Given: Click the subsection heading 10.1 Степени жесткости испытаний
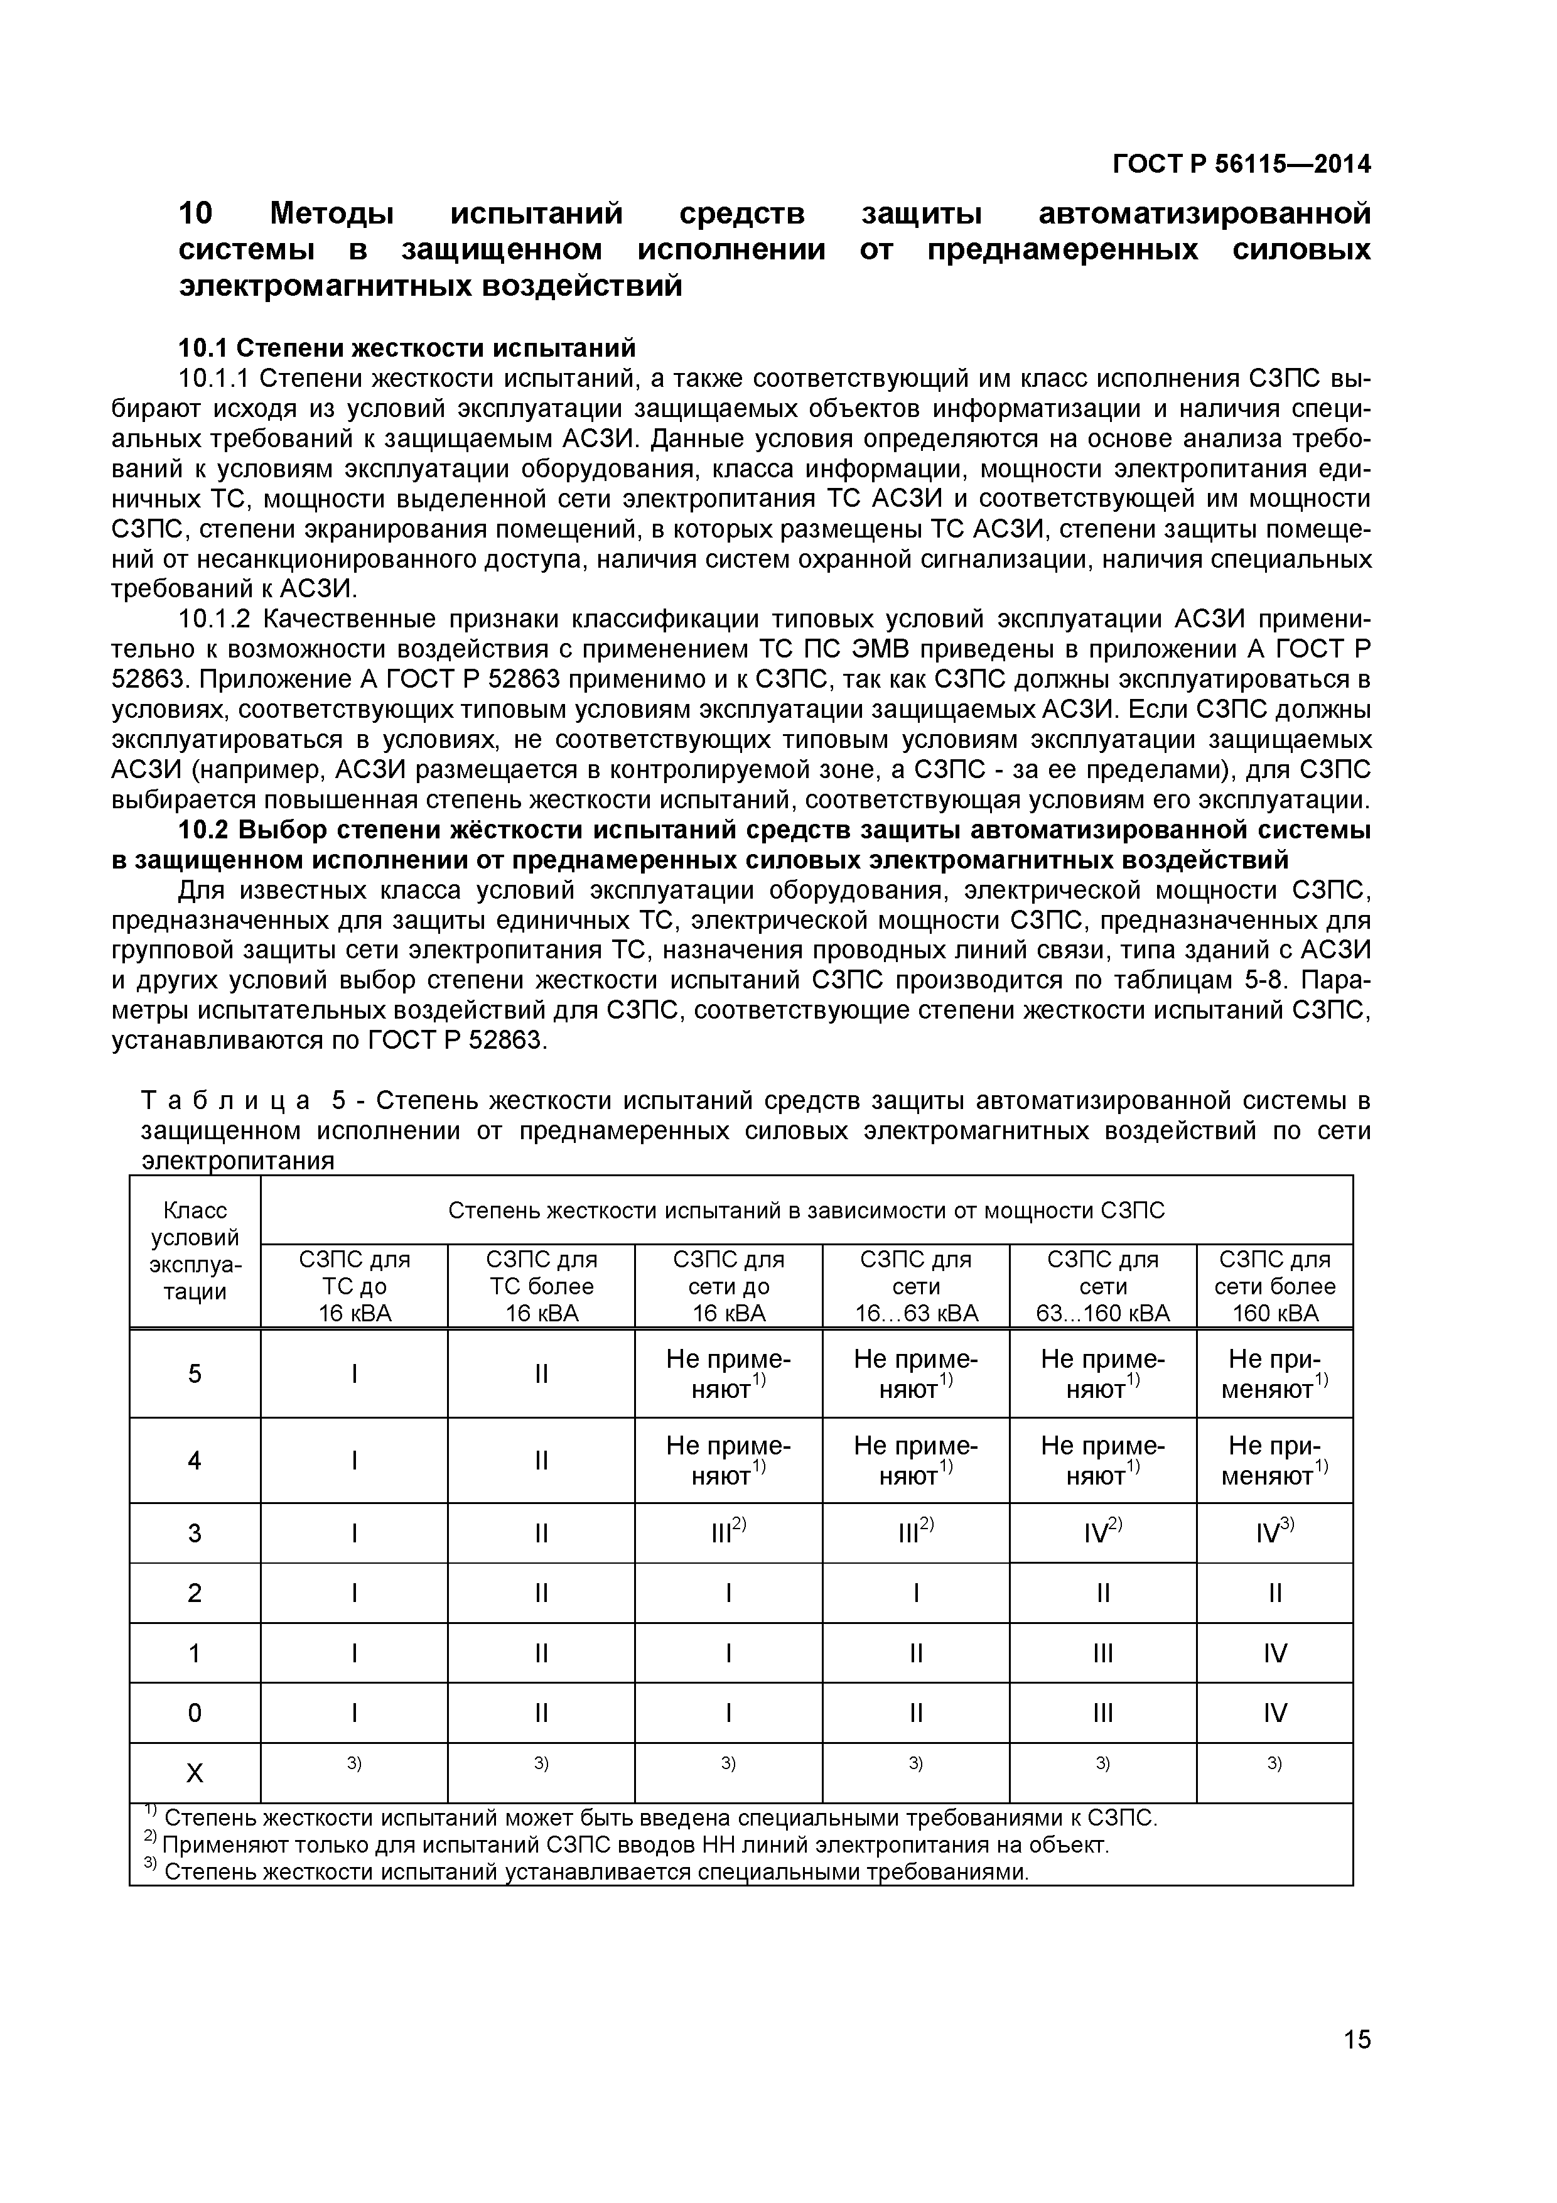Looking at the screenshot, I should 407,347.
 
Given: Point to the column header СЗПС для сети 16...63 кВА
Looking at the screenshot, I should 915,1286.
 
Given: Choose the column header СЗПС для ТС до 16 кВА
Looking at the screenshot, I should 354,1286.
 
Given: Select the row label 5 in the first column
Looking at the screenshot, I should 195,1374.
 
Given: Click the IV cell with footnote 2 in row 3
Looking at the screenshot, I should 1102,1534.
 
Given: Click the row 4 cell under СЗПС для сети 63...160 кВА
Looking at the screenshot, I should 1102,1459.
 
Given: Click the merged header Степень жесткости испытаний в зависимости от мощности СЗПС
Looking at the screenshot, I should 806,1210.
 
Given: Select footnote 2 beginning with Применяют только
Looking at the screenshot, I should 633,1845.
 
